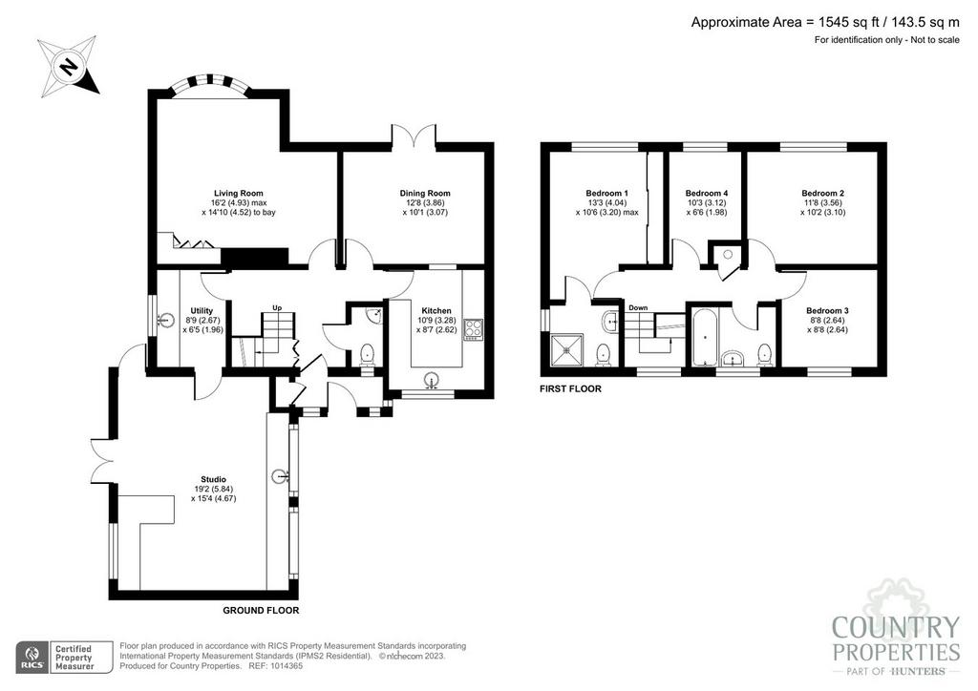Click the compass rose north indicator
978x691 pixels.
pos(69,66)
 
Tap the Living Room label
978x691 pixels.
pos(238,193)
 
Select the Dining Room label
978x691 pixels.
pos(425,193)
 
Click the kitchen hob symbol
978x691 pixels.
pos(473,329)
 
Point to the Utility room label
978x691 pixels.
pos(202,311)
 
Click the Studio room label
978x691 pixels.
pos(213,480)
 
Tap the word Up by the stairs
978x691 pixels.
pos(277,308)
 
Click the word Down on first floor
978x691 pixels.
pos(638,308)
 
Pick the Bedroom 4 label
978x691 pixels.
pos(706,193)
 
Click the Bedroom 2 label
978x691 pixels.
pos(822,193)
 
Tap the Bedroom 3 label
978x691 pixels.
pos(827,311)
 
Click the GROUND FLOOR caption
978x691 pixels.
pos(261,611)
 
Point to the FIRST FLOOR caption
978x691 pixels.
pos(570,388)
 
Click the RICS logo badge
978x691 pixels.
pos(65,658)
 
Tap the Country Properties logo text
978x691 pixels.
pos(896,639)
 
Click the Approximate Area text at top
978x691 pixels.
pos(825,23)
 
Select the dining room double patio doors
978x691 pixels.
pos(414,136)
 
